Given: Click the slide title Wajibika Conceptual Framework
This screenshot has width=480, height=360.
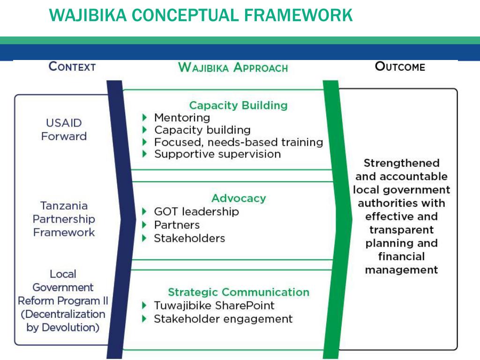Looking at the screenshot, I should (x=201, y=15).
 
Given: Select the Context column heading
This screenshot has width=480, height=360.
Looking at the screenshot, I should (x=72, y=67).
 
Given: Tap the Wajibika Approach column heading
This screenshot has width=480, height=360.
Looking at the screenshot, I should (x=233, y=67).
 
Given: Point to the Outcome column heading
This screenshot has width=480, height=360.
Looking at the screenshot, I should (x=400, y=67).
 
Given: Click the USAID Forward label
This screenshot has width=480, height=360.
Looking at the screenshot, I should (x=64, y=130).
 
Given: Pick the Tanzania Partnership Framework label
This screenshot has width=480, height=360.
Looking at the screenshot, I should (x=64, y=219).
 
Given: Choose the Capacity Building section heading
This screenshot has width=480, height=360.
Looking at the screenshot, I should (x=238, y=105).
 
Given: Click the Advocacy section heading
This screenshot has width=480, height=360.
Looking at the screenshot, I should (x=239, y=198).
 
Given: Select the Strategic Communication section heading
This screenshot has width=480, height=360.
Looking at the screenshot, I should (x=239, y=292).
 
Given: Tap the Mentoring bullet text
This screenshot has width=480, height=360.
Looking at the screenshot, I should (x=182, y=118).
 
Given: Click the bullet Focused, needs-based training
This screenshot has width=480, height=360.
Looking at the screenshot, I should (x=239, y=142).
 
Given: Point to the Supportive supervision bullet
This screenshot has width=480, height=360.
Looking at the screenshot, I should (x=217, y=154).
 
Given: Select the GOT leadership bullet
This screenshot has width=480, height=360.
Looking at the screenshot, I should (x=196, y=211).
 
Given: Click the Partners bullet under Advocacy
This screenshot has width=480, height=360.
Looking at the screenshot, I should (x=177, y=225).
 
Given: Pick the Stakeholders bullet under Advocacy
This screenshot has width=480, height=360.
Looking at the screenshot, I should (x=189, y=238).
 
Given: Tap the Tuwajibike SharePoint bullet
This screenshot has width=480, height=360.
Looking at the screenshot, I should (x=214, y=306).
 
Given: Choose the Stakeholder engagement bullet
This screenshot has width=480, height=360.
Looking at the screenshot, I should (x=223, y=319).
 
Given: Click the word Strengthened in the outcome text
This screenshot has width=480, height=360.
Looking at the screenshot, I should (x=401, y=163).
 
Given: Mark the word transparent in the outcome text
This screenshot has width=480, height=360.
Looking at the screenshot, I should (x=401, y=230).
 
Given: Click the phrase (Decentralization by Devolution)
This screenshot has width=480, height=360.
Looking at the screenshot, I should (x=63, y=321).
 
